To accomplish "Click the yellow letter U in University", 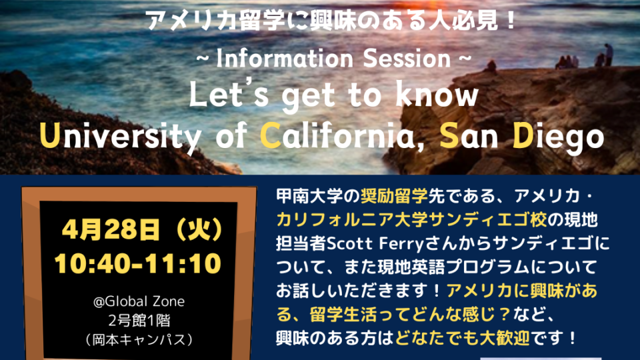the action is pos(50,135).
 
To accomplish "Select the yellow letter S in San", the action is pos(449,135).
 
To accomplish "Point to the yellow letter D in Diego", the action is pos(523,135).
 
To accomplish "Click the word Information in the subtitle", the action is pos(285,59).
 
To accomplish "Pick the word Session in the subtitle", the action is pos(407,59).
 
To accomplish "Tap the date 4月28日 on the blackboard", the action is pos(111,230).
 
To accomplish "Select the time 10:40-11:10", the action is pos(138,263).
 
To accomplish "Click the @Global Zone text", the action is pos(139,301).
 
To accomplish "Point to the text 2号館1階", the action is pos(139,321).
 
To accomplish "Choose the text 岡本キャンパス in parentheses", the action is pos(139,339).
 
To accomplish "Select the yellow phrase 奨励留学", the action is pos(394,197).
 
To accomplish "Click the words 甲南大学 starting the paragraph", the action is pos(309,197).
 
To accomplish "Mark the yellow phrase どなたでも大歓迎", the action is pos(463,338).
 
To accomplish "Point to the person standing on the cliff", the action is pos(609,54).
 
